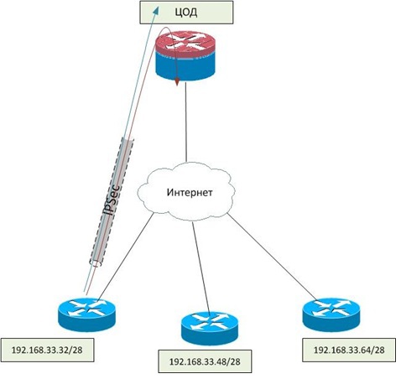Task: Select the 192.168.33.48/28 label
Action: (x=206, y=361)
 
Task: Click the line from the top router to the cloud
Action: (x=186, y=126)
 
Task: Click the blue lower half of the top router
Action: (x=188, y=70)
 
